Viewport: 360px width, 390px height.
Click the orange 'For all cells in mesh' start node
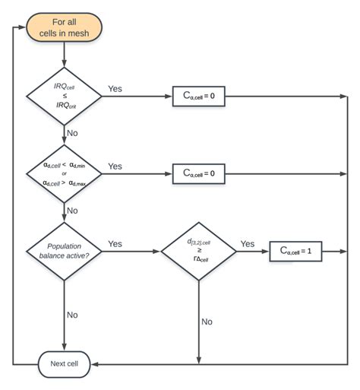[65, 29]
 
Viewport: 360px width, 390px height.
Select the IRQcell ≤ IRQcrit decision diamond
[65, 97]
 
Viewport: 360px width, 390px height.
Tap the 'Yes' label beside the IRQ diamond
[116, 89]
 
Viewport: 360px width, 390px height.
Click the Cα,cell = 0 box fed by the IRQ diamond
[199, 97]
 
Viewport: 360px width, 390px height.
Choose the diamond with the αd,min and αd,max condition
[65, 173]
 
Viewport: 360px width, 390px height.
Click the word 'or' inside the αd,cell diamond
[65, 173]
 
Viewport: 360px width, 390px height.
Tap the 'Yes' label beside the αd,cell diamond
[115, 166]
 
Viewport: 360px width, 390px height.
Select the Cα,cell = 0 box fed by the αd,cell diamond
[199, 174]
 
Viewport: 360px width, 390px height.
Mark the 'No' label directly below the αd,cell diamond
[73, 211]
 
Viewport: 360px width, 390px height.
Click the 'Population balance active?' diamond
[65, 252]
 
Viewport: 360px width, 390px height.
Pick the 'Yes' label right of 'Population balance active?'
[115, 244]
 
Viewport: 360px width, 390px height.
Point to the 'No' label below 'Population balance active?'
[73, 313]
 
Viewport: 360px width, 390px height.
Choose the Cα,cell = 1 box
[295, 252]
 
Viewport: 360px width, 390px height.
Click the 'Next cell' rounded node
[65, 364]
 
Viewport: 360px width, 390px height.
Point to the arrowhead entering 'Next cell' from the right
[96, 364]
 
